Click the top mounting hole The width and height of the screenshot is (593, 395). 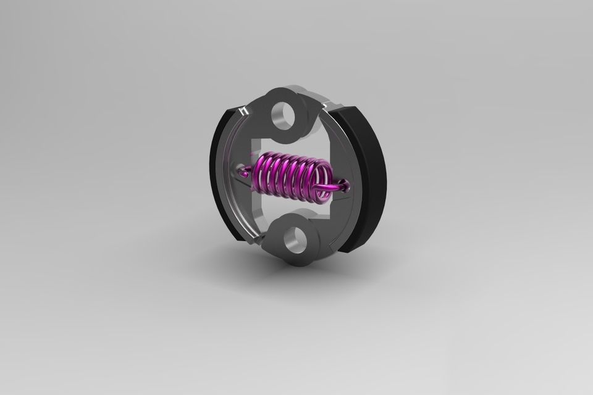tap(286, 115)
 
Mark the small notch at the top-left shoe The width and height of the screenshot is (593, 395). tap(245, 111)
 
